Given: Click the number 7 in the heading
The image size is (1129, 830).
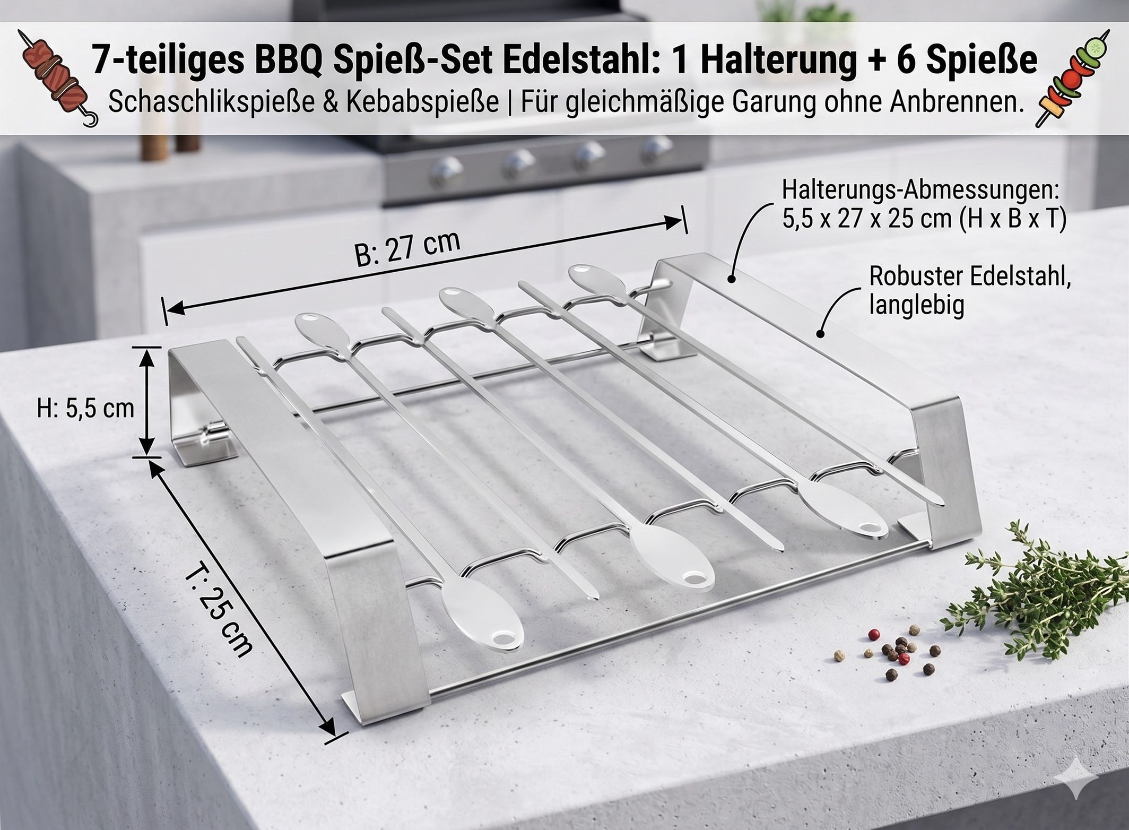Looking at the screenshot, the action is [x=101, y=60].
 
